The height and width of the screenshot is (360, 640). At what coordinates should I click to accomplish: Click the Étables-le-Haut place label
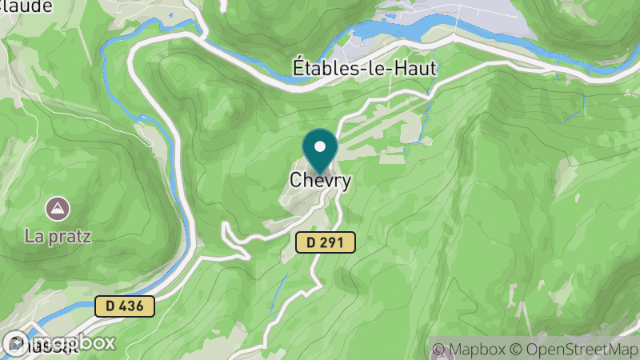363,69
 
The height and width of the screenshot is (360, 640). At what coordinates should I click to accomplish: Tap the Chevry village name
320,181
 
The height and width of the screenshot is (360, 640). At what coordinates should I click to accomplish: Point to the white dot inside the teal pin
321,147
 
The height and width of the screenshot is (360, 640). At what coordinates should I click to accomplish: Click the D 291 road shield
325,243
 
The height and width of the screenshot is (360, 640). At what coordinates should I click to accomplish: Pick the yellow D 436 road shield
124,306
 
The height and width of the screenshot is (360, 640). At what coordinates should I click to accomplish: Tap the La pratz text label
58,236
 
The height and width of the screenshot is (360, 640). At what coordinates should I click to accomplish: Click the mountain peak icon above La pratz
58,210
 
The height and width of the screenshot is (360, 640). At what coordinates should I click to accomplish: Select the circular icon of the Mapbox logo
18,342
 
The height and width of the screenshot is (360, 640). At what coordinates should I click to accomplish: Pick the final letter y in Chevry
346,182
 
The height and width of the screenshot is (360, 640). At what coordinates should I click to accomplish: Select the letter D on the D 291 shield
311,243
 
